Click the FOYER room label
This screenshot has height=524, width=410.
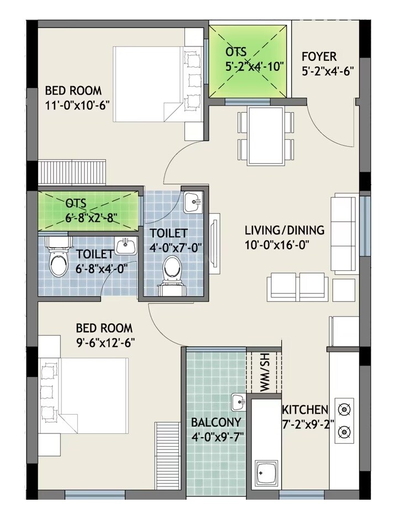(x=319, y=57)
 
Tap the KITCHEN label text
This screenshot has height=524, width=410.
(x=305, y=410)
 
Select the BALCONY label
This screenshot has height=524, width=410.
(x=216, y=423)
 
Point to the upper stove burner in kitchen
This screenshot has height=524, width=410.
(x=344, y=410)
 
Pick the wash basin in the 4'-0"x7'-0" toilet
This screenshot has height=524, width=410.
(x=193, y=202)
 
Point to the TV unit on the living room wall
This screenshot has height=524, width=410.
(x=215, y=242)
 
